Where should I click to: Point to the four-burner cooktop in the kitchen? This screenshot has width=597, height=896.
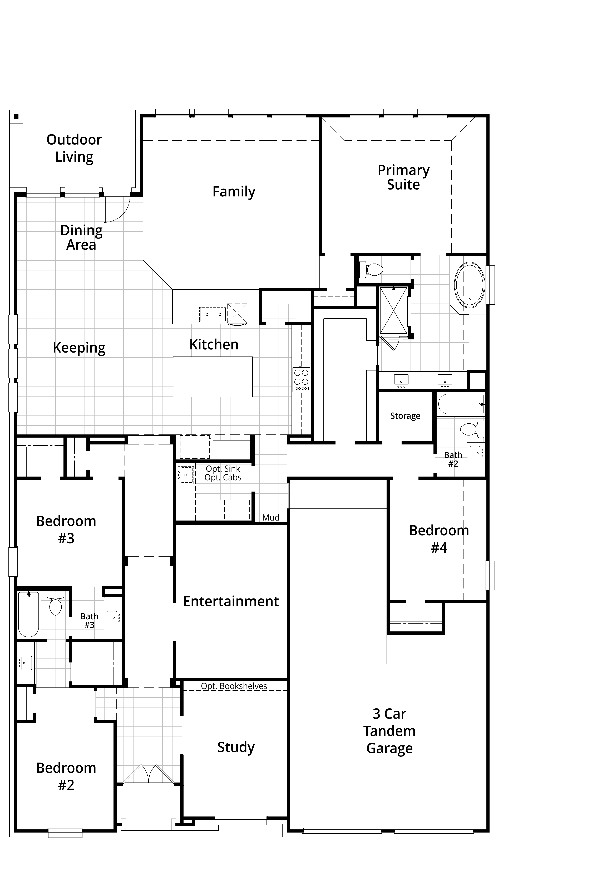pyautogui.click(x=301, y=379)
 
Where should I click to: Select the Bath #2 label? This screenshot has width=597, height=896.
pyautogui.click(x=453, y=459)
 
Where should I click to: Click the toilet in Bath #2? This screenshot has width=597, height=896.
pyautogui.click(x=472, y=429)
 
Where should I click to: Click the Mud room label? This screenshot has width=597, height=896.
pyautogui.click(x=271, y=518)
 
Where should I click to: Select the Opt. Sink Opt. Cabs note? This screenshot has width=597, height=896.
pyautogui.click(x=223, y=473)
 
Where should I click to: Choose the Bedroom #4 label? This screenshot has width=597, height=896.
pyautogui.click(x=439, y=539)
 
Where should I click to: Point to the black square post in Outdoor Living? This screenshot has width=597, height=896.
pyautogui.click(x=16, y=116)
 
